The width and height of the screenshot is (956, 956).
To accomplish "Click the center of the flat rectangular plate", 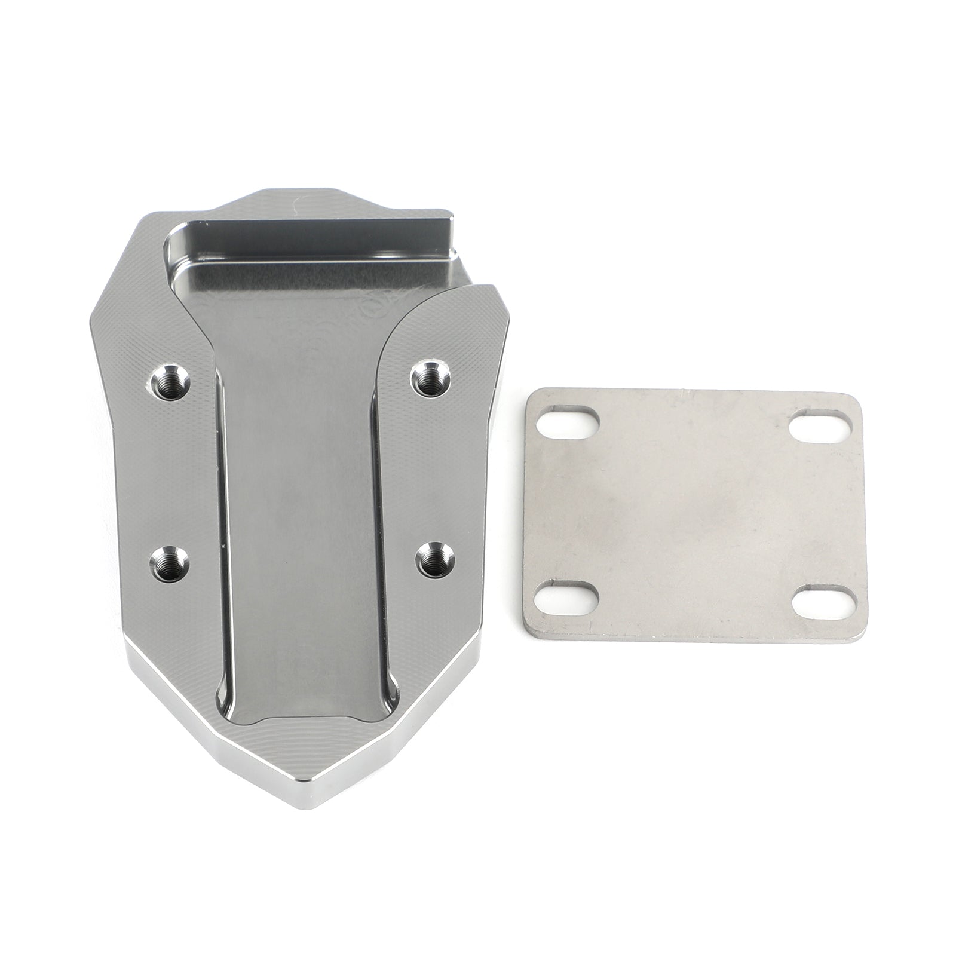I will (x=693, y=514).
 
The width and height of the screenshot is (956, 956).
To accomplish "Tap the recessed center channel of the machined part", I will (x=305, y=508).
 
